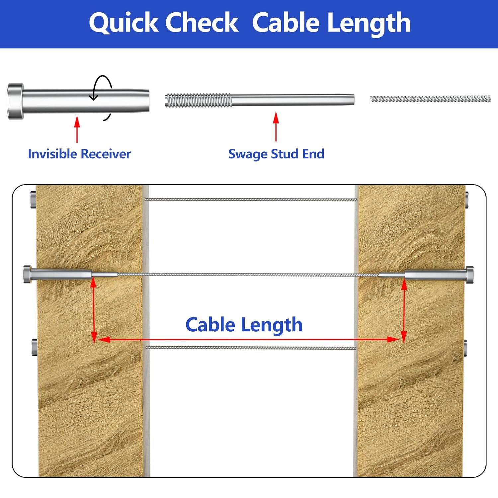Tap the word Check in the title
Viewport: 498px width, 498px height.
(x=202, y=23)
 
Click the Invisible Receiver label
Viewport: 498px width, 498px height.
(x=79, y=154)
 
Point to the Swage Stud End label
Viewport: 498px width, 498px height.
(x=276, y=154)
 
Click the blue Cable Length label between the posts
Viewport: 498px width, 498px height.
(x=244, y=325)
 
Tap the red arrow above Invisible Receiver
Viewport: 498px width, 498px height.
(x=77, y=129)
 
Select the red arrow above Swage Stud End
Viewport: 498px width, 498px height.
(x=276, y=126)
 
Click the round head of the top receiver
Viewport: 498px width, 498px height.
(x=16, y=101)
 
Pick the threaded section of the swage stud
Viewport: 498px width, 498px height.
(x=198, y=101)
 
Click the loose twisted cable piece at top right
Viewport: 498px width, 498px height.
(x=430, y=99)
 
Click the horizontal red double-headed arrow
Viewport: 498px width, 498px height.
(x=249, y=339)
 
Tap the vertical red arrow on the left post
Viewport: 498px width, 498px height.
(x=94, y=309)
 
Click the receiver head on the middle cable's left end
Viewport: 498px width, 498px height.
(x=27, y=275)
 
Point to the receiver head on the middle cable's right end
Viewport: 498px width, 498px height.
(x=470, y=275)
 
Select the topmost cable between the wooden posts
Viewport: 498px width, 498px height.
(x=251, y=200)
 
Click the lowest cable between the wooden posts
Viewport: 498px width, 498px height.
(x=251, y=348)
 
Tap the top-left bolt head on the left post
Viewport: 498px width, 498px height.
(x=33, y=200)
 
